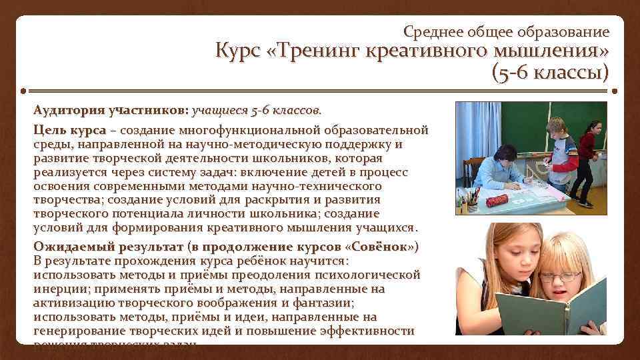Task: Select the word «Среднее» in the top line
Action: click(x=433, y=31)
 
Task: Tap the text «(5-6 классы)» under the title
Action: click(x=550, y=72)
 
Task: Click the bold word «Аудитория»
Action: click(x=69, y=109)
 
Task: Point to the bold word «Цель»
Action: click(x=48, y=129)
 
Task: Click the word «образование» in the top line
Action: click(x=570, y=31)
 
